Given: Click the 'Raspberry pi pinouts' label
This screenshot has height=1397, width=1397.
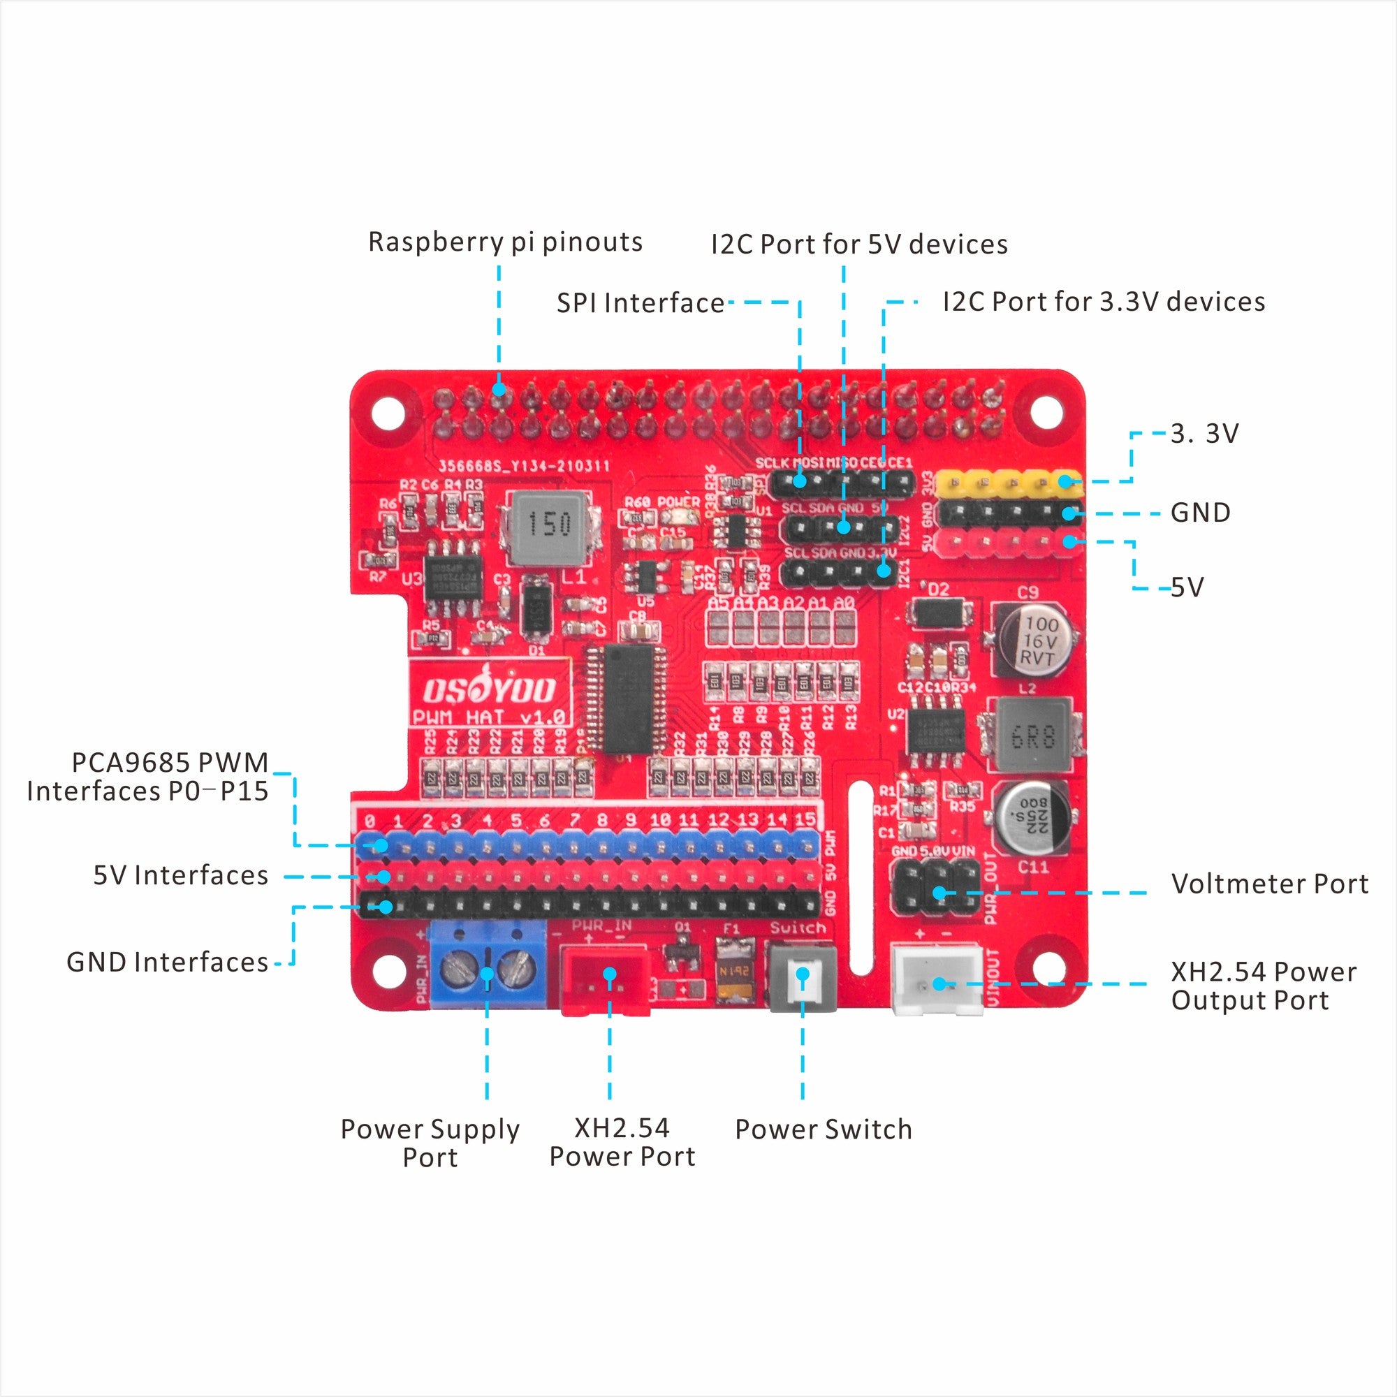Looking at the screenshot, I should click(x=505, y=242).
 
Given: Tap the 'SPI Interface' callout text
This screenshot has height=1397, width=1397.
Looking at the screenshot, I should click(x=640, y=302).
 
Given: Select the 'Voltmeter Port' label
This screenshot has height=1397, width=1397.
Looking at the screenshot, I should click(x=1269, y=884).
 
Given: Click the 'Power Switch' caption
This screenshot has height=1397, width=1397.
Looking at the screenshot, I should click(x=823, y=1129).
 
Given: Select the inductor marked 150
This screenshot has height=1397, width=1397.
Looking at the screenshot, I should click(x=548, y=528).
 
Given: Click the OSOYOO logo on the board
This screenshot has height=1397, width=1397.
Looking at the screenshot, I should click(x=490, y=690).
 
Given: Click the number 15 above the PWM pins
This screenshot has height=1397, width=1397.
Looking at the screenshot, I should click(x=804, y=819).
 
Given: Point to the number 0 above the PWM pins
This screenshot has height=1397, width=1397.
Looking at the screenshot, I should click(x=370, y=821).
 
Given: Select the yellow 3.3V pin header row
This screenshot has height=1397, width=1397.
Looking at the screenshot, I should click(x=1009, y=481).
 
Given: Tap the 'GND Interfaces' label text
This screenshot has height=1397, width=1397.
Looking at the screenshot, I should click(x=167, y=962).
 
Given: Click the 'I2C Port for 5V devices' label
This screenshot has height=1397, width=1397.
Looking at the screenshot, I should click(x=858, y=244).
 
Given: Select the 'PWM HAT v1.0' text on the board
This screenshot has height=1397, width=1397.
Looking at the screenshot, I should click(x=489, y=717).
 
